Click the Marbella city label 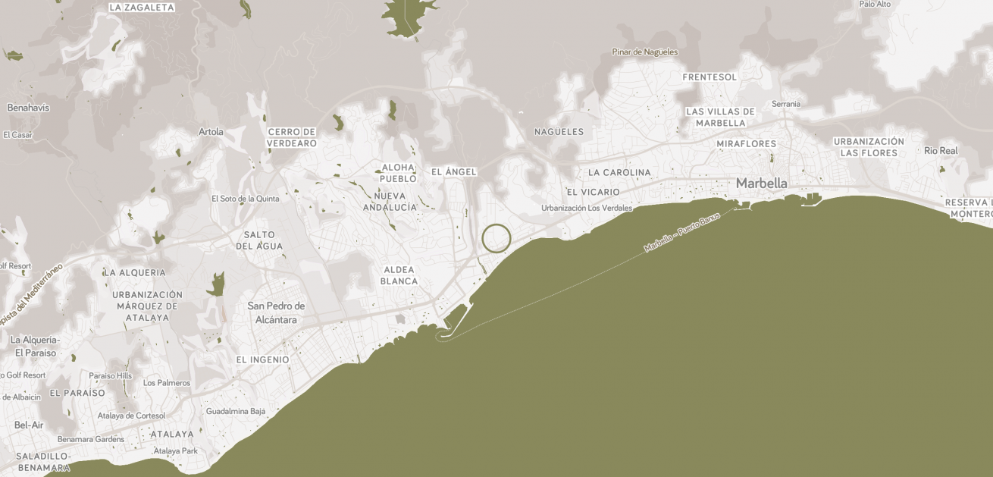[x=761, y=184]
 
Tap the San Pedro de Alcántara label [x=276, y=312]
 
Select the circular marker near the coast [x=496, y=238]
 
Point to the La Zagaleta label [x=142, y=8]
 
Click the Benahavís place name [x=28, y=108]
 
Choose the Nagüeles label [x=559, y=132]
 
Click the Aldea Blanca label [x=399, y=275]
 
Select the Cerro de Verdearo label [x=292, y=137]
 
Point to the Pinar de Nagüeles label [x=645, y=52]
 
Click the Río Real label [x=941, y=151]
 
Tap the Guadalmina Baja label [x=236, y=411]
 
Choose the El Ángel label [x=453, y=172]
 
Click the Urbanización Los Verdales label [x=587, y=208]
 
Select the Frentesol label [x=710, y=77]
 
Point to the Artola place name [x=211, y=132]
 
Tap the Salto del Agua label [x=259, y=240]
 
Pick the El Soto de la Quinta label [x=245, y=199]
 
